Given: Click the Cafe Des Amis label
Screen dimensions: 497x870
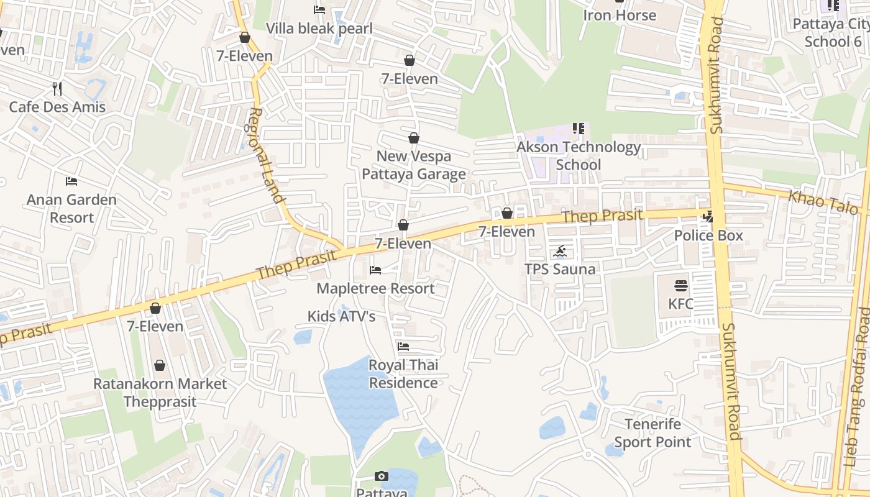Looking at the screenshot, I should click(57, 107).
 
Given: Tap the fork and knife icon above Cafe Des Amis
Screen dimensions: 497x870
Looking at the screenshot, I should click(57, 89).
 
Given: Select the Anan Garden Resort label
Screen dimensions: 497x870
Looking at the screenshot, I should click(71, 209).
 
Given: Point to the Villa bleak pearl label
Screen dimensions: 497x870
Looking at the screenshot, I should click(319, 29).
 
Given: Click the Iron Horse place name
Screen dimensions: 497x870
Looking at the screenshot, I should click(620, 16).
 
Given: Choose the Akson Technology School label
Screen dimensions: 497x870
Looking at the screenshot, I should click(579, 156).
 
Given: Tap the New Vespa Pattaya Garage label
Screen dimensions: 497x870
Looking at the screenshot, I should click(414, 165).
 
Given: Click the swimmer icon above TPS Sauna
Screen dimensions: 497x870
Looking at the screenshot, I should click(560, 252).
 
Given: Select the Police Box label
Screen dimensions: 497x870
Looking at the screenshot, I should click(708, 236).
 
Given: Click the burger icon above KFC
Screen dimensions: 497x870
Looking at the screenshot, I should click(681, 286).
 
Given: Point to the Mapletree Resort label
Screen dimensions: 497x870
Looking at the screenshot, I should click(375, 288).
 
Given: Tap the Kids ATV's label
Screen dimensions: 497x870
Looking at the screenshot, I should click(342, 316).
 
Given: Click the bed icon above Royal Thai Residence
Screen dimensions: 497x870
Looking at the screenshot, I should click(403, 347).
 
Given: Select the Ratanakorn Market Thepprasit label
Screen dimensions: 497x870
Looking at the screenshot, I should click(160, 393).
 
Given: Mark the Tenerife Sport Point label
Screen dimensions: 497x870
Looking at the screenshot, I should click(652, 433).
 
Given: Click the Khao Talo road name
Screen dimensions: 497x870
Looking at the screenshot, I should click(823, 203).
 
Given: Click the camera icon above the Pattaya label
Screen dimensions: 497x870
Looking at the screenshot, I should click(382, 476).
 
